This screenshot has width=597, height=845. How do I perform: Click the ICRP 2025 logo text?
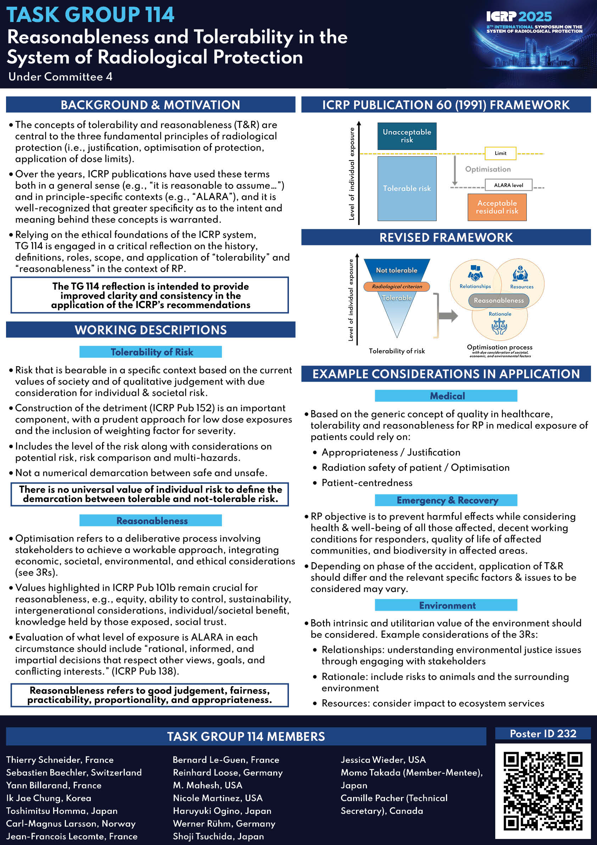(519, 17)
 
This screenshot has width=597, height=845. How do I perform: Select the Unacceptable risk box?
(407, 136)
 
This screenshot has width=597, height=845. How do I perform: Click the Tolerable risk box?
(407, 189)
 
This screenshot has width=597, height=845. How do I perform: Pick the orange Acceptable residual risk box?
(497, 207)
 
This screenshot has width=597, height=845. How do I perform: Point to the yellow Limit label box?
(500, 153)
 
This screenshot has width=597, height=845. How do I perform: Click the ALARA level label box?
(508, 185)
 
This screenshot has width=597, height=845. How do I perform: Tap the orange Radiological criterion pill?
(397, 286)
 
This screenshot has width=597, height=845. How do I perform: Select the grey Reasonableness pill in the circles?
(499, 300)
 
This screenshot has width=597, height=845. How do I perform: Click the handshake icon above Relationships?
(475, 273)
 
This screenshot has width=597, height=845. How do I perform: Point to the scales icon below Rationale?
(500, 326)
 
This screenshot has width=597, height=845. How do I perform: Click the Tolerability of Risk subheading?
(151, 352)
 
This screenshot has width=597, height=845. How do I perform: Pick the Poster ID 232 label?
(543, 733)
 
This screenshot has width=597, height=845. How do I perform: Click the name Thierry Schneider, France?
(60, 760)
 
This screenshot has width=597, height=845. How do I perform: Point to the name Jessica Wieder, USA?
(383, 760)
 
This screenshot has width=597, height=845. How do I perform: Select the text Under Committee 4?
(60, 77)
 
